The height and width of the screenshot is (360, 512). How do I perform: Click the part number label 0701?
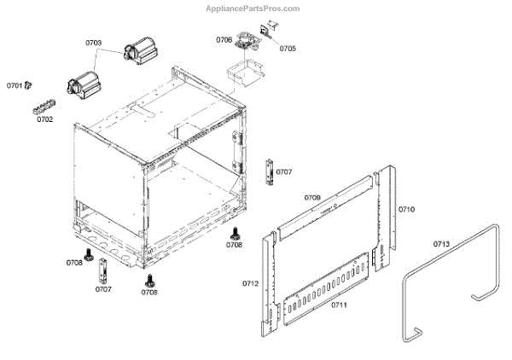coord(15,86)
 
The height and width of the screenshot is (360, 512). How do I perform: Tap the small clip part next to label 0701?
coord(29,84)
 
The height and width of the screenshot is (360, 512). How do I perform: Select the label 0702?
coord(44,119)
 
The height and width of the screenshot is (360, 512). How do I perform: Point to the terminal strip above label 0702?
coord(43,107)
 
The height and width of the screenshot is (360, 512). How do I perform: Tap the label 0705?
coord(287,49)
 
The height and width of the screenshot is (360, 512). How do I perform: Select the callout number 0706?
coord(224,40)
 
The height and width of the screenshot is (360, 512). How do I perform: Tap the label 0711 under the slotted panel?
coord(339,305)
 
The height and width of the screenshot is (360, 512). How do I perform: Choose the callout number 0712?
coord(250,283)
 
